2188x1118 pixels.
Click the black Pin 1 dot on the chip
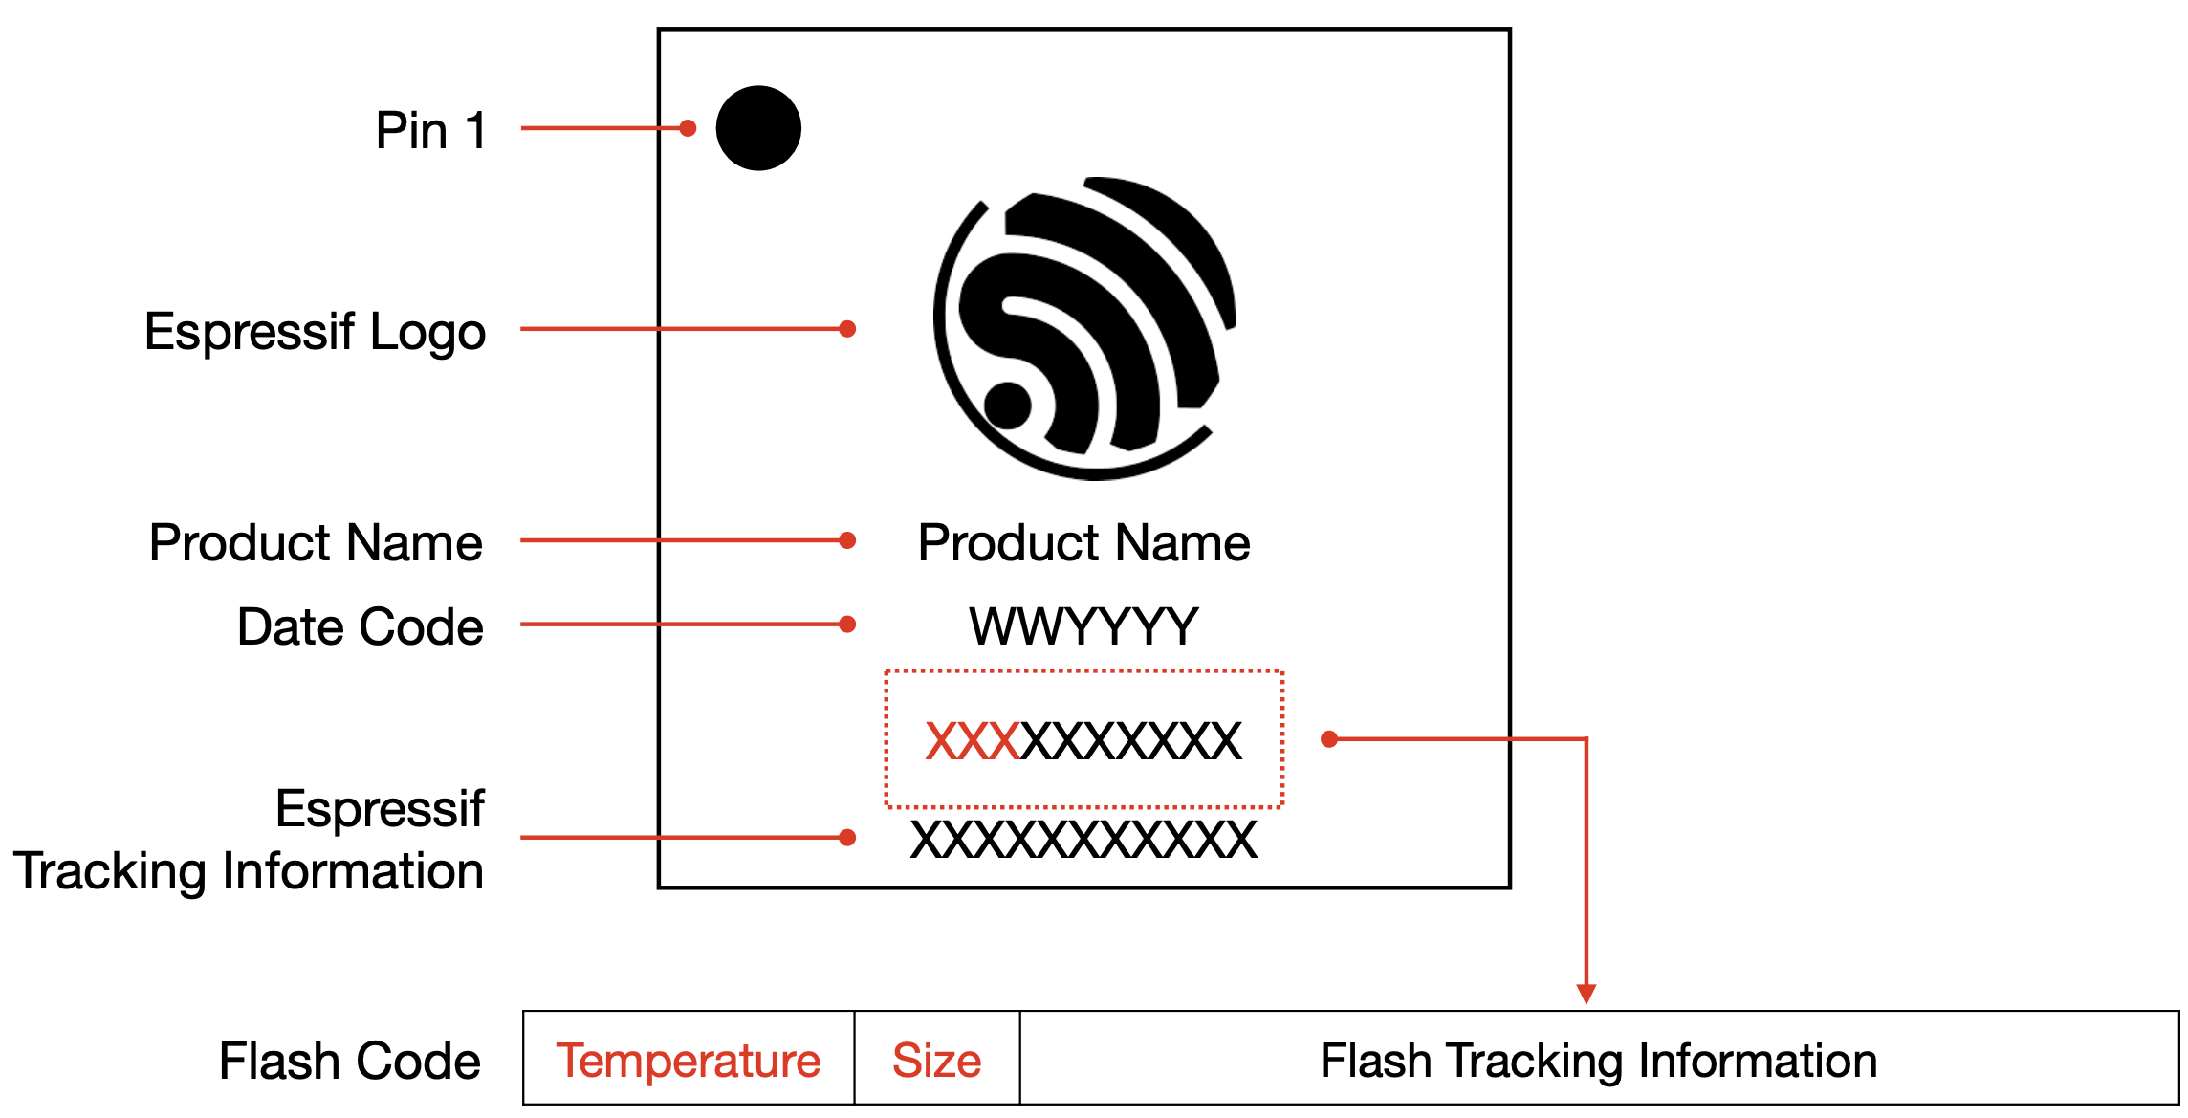pyautogui.click(x=758, y=128)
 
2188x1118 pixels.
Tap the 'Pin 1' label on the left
pyautogui.click(x=431, y=130)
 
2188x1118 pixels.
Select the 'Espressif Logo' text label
pyautogui.click(x=315, y=332)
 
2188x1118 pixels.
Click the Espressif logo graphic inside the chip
pyautogui.click(x=1084, y=328)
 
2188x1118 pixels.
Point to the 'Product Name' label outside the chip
pyautogui.click(x=316, y=542)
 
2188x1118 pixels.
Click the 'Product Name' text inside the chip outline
pyautogui.click(x=1083, y=542)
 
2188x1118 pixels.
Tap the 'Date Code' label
pyautogui.click(x=360, y=626)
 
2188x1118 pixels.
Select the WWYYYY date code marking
pyautogui.click(x=1083, y=626)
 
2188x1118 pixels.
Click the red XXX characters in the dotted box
pyautogui.click(x=973, y=741)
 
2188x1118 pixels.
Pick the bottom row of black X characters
pyautogui.click(x=1083, y=840)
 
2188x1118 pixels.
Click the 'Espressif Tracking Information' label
pyautogui.click(x=249, y=840)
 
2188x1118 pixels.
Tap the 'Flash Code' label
pyautogui.click(x=349, y=1061)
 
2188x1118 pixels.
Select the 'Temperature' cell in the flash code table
pyautogui.click(x=689, y=1061)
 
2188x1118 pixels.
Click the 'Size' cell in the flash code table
pyautogui.click(x=937, y=1061)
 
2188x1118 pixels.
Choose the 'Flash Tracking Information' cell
pyautogui.click(x=1599, y=1061)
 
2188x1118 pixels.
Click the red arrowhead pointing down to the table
pyautogui.click(x=1586, y=994)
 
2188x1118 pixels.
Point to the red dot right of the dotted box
pyautogui.click(x=1329, y=738)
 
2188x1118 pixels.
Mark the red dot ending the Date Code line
pyautogui.click(x=847, y=625)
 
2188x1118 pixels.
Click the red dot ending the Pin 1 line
pyautogui.click(x=688, y=128)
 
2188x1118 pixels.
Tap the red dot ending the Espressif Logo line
pyautogui.click(x=847, y=329)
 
